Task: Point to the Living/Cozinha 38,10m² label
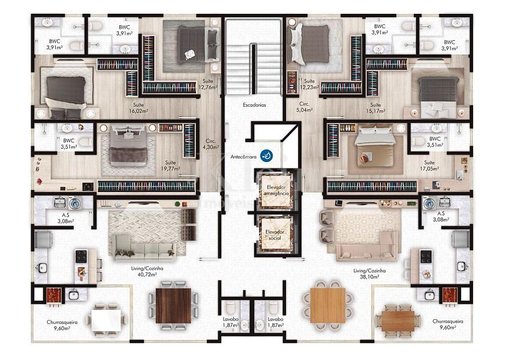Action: point(369,274)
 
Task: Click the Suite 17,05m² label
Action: point(429,166)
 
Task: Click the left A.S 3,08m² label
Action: point(64,217)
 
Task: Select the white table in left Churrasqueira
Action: point(109,320)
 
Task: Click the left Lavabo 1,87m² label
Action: point(230,323)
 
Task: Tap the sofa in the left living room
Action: point(144,246)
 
